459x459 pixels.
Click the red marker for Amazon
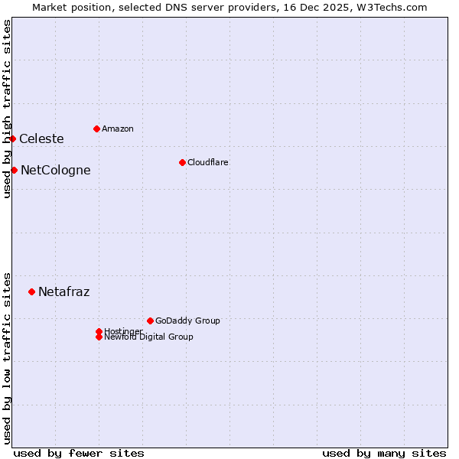point(96,129)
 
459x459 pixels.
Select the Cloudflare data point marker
point(182,162)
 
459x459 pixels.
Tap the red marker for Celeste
point(13,138)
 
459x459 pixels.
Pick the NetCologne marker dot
point(14,170)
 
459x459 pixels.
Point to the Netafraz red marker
point(31,291)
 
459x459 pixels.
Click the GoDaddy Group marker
point(150,321)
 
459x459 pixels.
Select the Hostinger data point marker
point(99,331)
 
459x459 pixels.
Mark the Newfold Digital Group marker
point(99,337)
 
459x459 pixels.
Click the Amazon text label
point(118,129)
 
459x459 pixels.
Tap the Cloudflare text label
point(208,162)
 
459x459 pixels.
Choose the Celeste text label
point(41,138)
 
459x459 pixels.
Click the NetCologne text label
point(55,170)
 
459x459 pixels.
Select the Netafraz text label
point(63,291)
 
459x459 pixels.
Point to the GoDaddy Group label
point(187,321)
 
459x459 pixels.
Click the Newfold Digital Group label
point(149,337)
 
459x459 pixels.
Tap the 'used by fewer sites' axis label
point(79,453)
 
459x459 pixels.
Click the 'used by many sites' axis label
point(384,453)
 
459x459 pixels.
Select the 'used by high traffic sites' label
point(7,109)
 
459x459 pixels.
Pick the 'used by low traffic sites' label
point(7,358)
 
